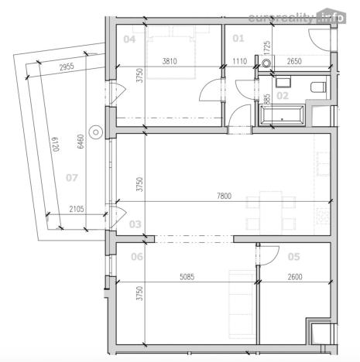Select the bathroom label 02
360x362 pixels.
point(283,96)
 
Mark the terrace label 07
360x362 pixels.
point(72,178)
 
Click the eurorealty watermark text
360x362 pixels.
point(294,18)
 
